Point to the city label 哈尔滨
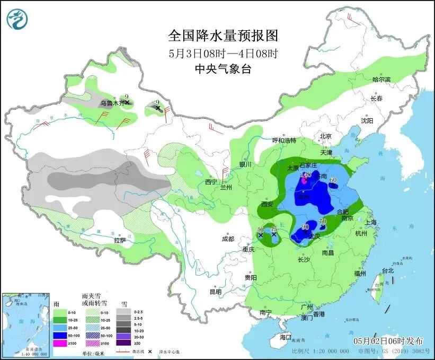coord(381,80)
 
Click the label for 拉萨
coord(119,240)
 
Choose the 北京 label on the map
coord(325,136)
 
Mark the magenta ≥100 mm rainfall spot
coord(304,181)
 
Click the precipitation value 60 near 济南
coord(333,180)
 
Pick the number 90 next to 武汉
coord(305,227)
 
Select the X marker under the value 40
coord(260,235)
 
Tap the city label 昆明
coord(215,292)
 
